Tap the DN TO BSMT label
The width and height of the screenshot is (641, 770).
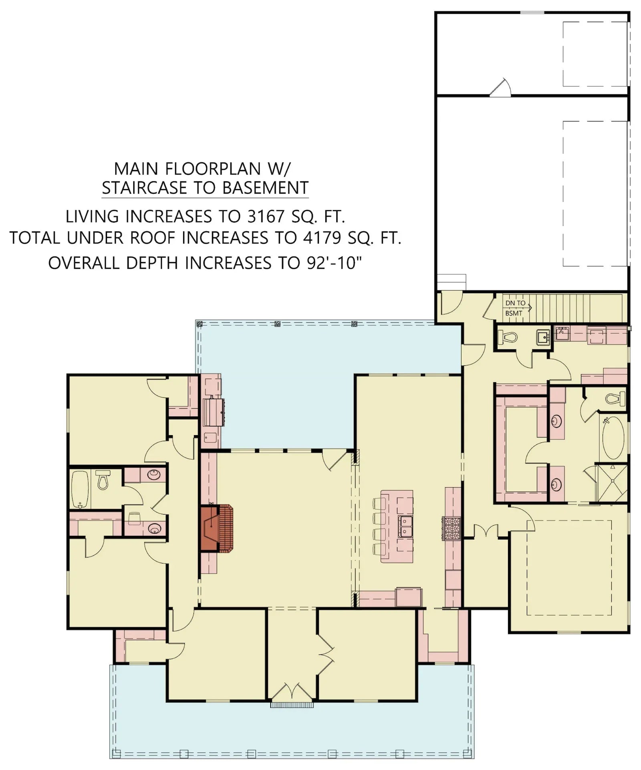point(515,308)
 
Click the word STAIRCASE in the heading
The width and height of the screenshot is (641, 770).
point(149,188)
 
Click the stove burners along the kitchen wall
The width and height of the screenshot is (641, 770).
point(451,528)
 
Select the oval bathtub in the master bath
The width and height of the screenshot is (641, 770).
point(613,438)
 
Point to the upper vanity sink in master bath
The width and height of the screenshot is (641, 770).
point(557,421)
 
